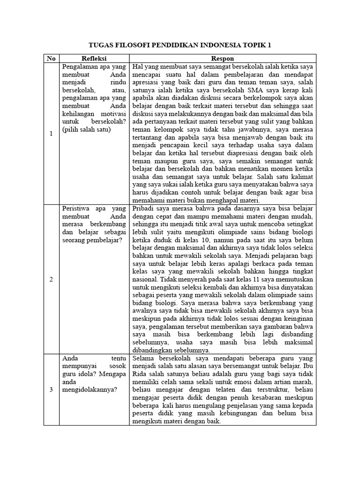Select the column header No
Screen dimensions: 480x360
point(51,59)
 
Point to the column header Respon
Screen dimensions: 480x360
point(222,59)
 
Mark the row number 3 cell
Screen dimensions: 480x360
point(51,389)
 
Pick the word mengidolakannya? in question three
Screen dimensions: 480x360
point(89,390)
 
